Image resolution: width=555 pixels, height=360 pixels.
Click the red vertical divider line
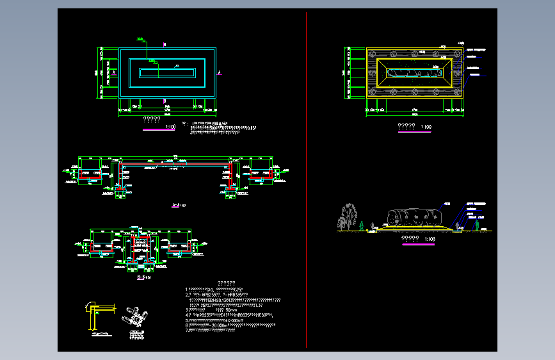pos(307,179)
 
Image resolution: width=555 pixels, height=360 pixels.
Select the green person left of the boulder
pos(362,225)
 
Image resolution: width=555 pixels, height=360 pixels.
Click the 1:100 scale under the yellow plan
pos(426,127)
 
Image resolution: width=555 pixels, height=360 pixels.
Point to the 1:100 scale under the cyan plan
pos(170,127)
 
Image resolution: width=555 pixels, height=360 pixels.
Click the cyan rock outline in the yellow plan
pos(415,73)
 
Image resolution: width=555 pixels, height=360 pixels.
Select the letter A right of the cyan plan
pos(219,72)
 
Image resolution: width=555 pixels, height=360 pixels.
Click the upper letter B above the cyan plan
pos(165,44)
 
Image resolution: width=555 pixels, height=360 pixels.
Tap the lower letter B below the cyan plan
pos(165,101)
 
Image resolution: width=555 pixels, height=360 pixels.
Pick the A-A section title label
pos(177,206)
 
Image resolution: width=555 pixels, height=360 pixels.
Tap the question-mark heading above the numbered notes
pos(226,283)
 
